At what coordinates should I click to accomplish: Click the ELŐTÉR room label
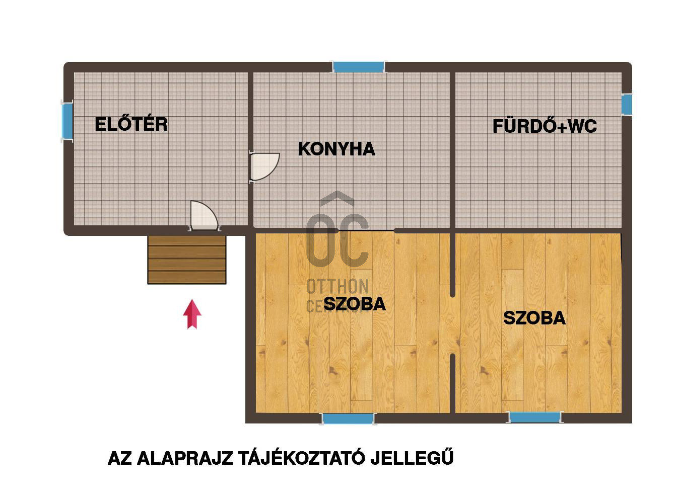click(131, 124)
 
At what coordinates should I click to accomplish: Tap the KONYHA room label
click(336, 149)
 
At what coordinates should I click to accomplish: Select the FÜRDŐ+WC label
click(545, 126)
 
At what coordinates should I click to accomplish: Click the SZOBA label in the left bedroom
click(355, 304)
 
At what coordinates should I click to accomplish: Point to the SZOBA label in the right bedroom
click(534, 318)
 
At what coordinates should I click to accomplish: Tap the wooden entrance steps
click(186, 260)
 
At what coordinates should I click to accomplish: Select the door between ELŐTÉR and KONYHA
click(264, 166)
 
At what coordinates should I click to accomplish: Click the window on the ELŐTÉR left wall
click(67, 120)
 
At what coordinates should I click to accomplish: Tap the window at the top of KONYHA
click(359, 67)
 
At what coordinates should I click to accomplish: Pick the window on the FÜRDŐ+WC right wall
click(626, 104)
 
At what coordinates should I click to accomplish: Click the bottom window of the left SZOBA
click(348, 418)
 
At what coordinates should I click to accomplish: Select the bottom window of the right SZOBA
click(534, 417)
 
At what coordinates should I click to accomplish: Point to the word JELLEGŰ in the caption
click(412, 458)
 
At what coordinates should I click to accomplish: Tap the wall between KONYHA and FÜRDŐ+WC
click(452, 151)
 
